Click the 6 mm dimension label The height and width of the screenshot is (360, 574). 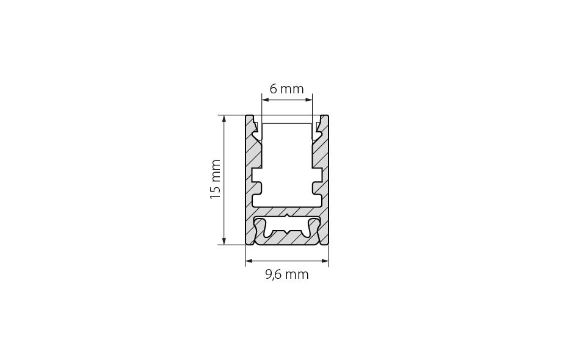(286, 88)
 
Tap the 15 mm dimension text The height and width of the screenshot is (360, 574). (216, 179)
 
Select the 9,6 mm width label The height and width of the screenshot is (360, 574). (287, 275)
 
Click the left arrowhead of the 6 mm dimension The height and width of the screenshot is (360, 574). (266, 98)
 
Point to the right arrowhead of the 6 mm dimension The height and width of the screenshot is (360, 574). (308, 98)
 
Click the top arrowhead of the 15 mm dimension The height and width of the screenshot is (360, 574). (223, 119)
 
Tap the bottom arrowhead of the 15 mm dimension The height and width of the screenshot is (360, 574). (223, 240)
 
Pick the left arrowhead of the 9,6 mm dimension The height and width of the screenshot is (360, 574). (249, 261)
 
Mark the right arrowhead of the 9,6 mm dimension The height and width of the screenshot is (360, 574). (324, 261)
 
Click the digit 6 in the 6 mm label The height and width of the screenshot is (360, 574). (273, 88)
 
